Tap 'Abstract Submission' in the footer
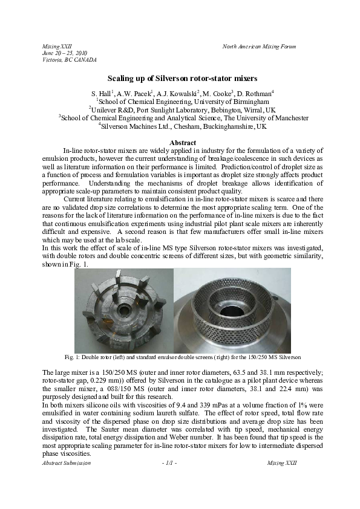point(67,462)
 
